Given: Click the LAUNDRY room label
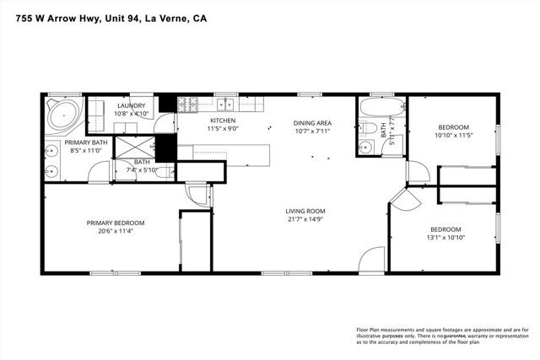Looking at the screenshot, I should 130,105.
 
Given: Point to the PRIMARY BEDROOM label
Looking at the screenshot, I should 115,223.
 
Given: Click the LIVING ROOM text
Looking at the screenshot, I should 305,211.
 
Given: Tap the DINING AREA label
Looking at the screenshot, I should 312,122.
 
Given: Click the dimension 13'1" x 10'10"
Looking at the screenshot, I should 445,237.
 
